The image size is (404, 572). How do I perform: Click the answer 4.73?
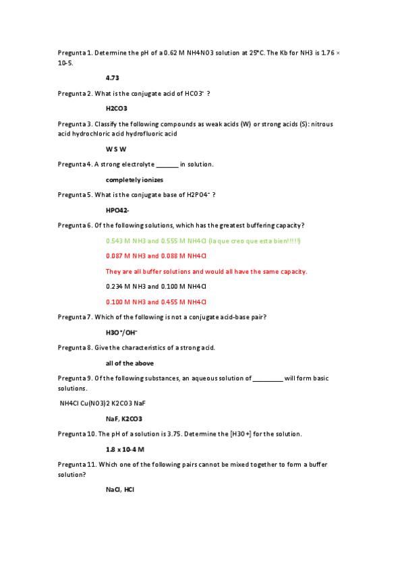pyautogui.click(x=112, y=78)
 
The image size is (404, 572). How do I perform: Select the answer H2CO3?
pyautogui.click(x=117, y=108)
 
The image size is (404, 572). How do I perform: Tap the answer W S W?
pyautogui.click(x=116, y=148)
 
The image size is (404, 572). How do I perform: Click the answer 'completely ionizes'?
pyautogui.click(x=134, y=179)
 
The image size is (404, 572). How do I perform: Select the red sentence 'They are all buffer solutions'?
pyautogui.click(x=206, y=271)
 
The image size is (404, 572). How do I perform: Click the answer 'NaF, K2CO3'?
pyautogui.click(x=123, y=418)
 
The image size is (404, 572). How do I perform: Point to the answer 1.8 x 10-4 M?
pyautogui.click(x=125, y=449)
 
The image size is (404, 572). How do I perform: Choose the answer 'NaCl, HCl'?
pyautogui.click(x=120, y=489)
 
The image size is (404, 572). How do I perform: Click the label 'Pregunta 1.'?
pyautogui.click(x=75, y=53)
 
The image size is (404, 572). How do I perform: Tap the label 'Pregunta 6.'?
pyautogui.click(x=75, y=225)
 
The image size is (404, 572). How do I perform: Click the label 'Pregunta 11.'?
pyautogui.click(x=76, y=464)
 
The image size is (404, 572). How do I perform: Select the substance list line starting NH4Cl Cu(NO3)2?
pyautogui.click(x=103, y=403)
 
